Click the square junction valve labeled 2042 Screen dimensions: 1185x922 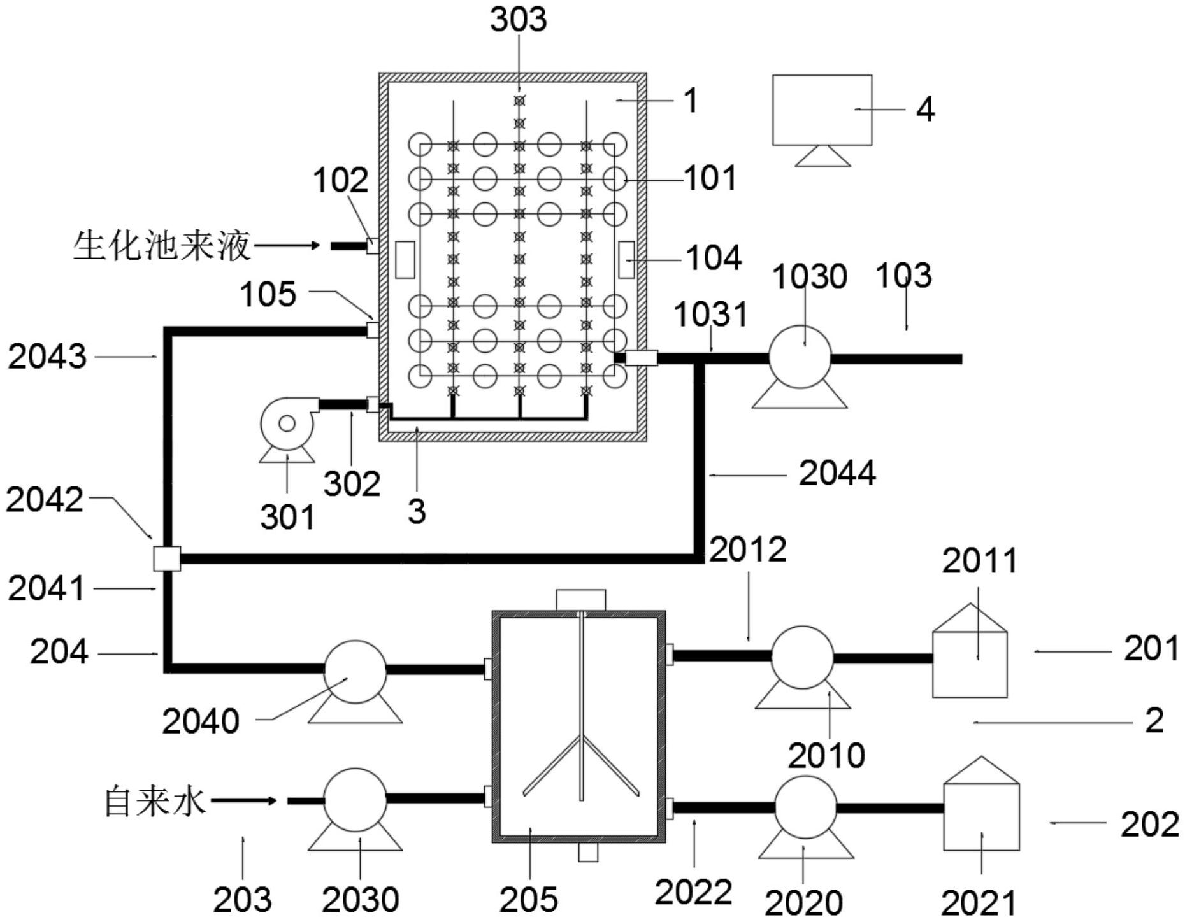coord(167,558)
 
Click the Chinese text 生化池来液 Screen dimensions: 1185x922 coord(162,245)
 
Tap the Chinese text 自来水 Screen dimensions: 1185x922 coord(155,801)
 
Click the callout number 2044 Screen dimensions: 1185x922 coord(837,473)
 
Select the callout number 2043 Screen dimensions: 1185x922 coord(47,356)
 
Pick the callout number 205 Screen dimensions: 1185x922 coord(528,899)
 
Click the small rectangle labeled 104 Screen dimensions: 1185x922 coord(626,259)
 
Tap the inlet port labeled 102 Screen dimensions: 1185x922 coord(373,245)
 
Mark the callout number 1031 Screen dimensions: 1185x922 coord(710,314)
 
